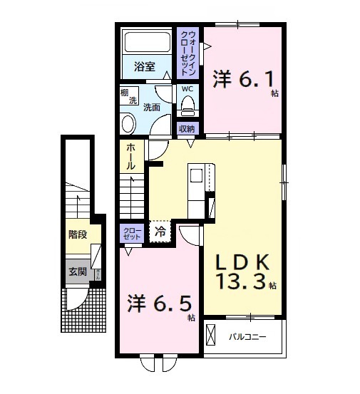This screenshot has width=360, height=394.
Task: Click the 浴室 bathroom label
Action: click(145, 68)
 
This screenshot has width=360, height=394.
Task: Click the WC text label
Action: click(187, 89)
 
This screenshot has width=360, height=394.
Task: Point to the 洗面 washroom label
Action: click(151, 108)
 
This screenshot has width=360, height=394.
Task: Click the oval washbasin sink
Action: click(128, 123)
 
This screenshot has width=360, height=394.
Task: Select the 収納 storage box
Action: click(187, 129)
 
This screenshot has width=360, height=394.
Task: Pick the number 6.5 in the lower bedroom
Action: click(171, 304)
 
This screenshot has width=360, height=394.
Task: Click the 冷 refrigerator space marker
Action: click(160, 231)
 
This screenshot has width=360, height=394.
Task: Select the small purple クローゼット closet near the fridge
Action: click(133, 233)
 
